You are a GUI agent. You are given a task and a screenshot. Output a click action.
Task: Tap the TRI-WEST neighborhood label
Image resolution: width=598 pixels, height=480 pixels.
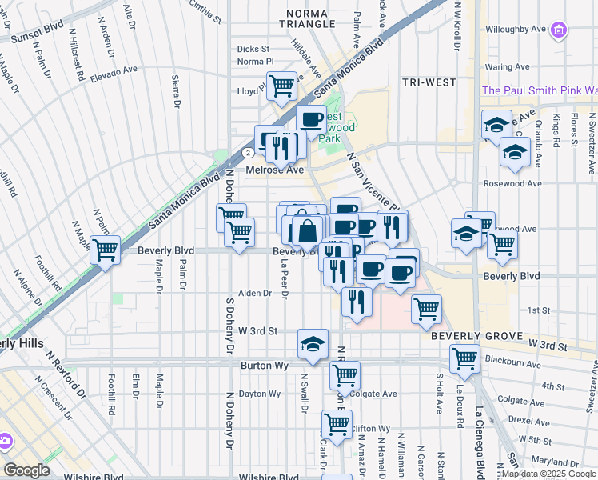pyautogui.click(x=429, y=82)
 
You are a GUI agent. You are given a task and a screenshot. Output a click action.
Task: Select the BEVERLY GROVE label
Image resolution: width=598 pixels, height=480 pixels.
pyautogui.click(x=476, y=337)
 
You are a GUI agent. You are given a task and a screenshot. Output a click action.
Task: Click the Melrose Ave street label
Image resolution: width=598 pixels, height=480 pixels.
pyautogui.click(x=275, y=170)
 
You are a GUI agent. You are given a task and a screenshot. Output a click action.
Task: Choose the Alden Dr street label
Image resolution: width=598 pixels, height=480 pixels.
pyautogui.click(x=257, y=294)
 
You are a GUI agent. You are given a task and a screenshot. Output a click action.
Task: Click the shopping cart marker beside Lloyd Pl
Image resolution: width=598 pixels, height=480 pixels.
pyautogui.click(x=281, y=86)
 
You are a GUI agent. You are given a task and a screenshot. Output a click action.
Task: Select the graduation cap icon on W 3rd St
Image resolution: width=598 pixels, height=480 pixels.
pyautogui.click(x=313, y=343)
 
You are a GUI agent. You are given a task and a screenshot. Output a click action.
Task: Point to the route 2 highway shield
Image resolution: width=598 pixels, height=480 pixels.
pyautogui.click(x=249, y=151)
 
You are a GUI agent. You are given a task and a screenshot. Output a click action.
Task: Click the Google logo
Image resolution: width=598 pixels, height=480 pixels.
pyautogui.click(x=27, y=470)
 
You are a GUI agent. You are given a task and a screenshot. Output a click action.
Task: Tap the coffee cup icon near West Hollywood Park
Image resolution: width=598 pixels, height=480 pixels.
pyautogui.click(x=311, y=120)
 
